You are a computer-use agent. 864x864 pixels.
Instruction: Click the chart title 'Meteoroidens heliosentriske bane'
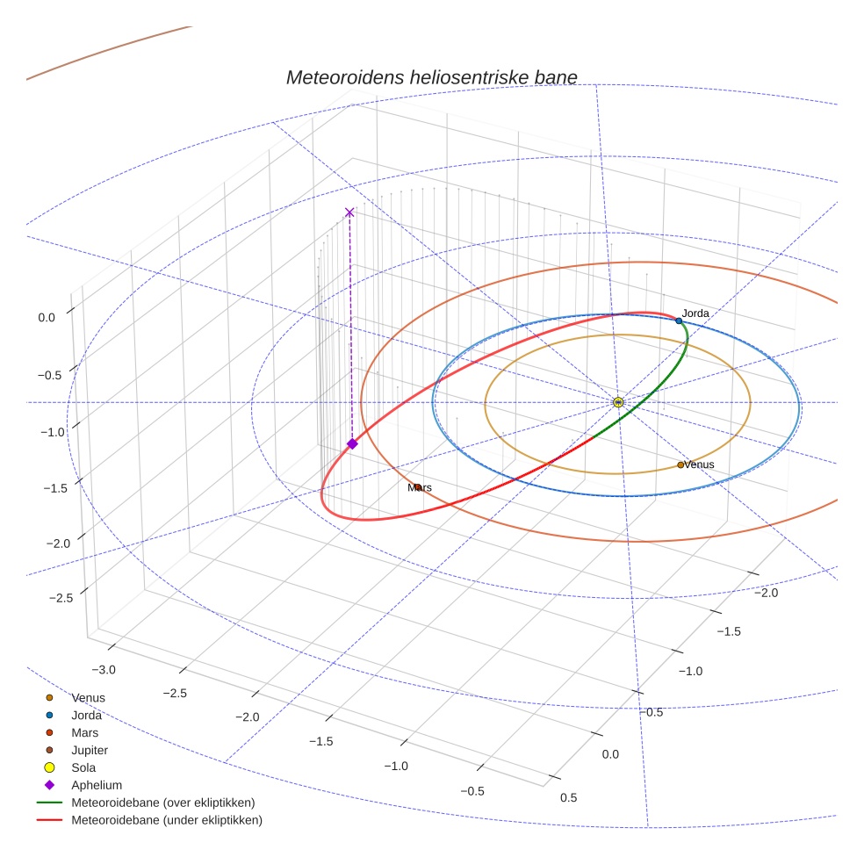pos(431,77)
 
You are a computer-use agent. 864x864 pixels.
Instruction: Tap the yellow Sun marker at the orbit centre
pos(618,402)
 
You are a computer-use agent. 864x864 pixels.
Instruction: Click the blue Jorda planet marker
pos(679,321)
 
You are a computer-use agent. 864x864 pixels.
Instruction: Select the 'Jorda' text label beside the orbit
pos(695,313)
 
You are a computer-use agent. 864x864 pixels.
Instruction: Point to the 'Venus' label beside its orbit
pos(699,464)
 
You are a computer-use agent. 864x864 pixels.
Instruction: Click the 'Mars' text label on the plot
pos(420,487)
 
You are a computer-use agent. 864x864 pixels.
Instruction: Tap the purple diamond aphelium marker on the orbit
pos(352,444)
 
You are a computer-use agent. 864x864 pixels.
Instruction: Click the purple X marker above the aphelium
pos(349,212)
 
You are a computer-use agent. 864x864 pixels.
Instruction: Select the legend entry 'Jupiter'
pos(90,750)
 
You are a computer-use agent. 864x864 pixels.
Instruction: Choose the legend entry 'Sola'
pos(83,767)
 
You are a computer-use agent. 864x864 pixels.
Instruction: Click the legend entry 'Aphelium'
pos(97,785)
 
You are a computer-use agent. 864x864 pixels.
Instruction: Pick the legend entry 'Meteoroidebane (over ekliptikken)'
pos(163,803)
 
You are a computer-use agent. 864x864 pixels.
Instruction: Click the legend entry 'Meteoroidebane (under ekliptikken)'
pos(167,820)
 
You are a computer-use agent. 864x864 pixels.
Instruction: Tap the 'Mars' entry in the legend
pos(84,732)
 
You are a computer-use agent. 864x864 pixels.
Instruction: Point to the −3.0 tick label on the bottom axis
pos(104,670)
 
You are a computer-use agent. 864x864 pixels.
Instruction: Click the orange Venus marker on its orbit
pos(680,464)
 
